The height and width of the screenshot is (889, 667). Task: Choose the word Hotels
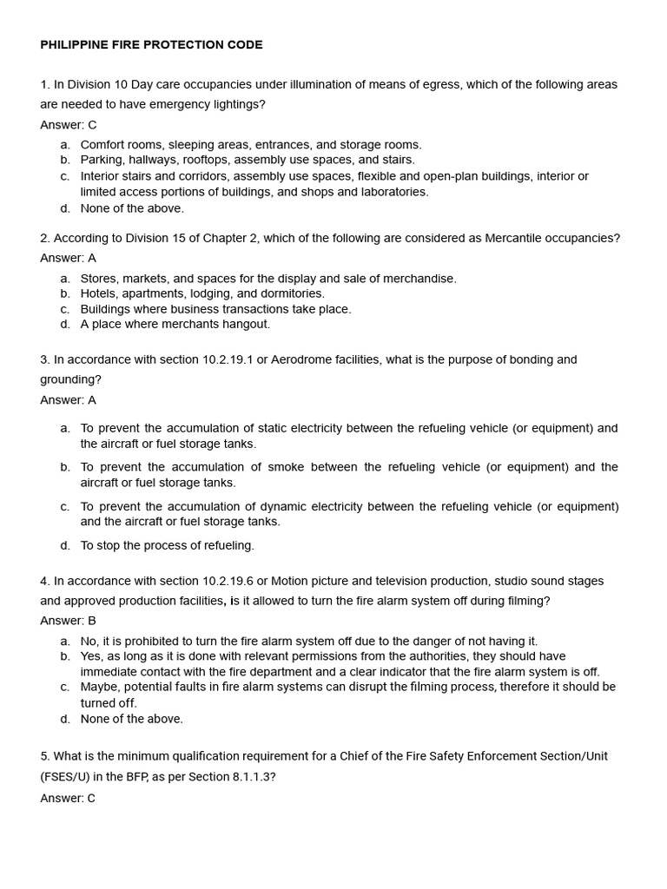point(98,293)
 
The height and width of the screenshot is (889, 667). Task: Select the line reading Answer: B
point(68,621)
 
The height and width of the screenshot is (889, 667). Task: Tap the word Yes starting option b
point(92,656)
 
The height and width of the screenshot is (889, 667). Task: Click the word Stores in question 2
point(98,279)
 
